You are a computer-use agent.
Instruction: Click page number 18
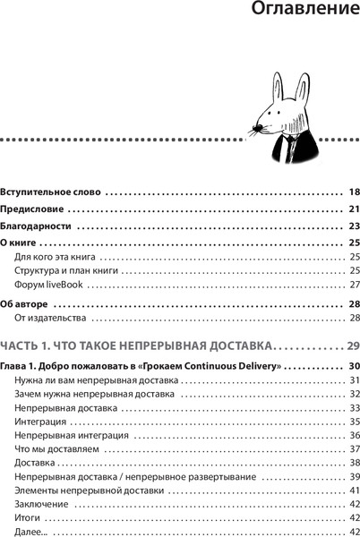353,192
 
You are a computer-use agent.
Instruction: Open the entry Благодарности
35,226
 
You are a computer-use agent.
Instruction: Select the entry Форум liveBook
48,285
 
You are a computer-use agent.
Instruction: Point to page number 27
354,285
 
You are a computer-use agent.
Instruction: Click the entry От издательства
49,318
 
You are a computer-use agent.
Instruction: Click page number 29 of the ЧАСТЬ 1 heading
351,345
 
